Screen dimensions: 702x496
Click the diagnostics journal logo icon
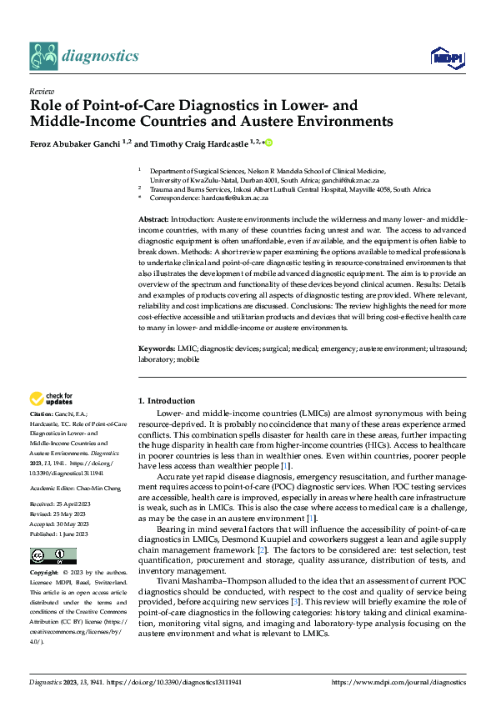coord(43,57)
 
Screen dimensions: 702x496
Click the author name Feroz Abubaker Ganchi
coord(73,143)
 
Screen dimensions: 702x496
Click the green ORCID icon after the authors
coord(269,143)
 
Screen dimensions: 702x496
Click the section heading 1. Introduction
coord(167,401)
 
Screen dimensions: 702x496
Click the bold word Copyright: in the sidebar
coord(45,574)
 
